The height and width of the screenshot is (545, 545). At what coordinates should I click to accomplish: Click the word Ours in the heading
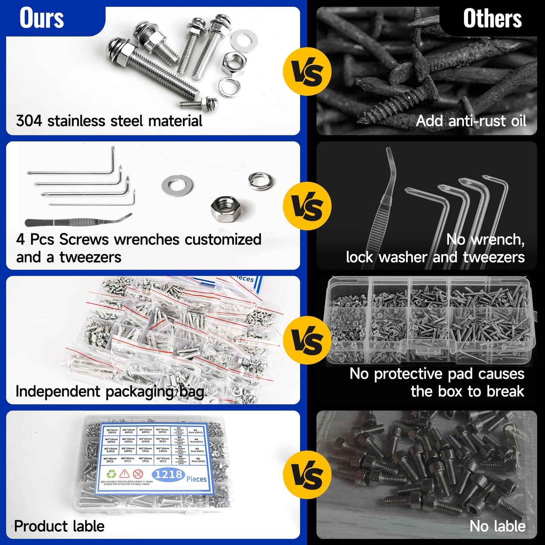click(41, 18)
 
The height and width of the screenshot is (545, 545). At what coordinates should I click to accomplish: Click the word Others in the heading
click(492, 19)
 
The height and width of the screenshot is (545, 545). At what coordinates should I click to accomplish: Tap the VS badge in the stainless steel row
click(307, 72)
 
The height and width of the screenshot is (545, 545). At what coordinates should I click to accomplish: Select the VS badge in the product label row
click(307, 475)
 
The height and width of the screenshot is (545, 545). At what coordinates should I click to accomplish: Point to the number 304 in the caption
click(29, 121)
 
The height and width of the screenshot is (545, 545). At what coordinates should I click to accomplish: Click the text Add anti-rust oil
click(471, 121)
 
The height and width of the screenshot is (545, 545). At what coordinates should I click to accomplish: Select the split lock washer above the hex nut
click(261, 181)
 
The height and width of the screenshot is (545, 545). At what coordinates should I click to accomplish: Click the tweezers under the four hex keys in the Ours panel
click(77, 221)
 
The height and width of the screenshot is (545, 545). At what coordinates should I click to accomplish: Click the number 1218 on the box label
click(168, 474)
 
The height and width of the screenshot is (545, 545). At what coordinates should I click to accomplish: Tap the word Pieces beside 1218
click(197, 479)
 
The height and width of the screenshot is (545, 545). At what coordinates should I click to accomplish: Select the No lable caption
click(497, 526)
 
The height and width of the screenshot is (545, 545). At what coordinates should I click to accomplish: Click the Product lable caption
click(59, 526)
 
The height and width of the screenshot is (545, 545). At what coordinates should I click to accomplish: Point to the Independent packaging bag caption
click(109, 391)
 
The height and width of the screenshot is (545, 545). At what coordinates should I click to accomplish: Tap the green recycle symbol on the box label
click(112, 474)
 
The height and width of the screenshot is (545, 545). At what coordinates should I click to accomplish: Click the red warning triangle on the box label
click(124, 474)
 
